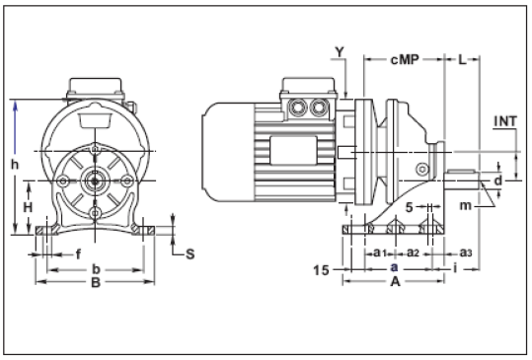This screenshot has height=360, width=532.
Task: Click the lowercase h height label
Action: (15, 166)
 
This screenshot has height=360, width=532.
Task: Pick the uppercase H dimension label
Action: (29, 207)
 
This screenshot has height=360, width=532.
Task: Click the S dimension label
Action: (190, 253)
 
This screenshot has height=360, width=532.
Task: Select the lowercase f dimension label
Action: (79, 253)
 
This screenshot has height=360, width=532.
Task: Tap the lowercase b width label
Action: (95, 267)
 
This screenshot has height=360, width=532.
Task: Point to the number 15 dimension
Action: (321, 268)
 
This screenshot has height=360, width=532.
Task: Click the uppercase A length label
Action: (395, 281)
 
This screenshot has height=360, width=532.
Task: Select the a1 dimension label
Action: (380, 253)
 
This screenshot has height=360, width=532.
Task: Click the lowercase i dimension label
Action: (454, 267)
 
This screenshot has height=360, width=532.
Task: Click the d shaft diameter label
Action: (499, 181)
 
